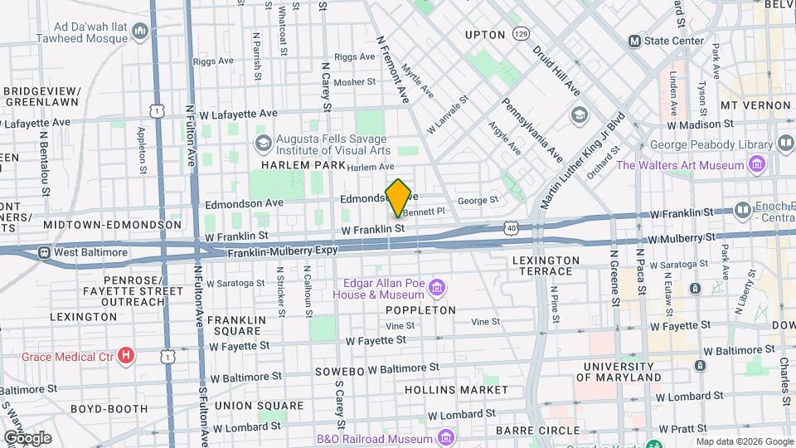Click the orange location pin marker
point(398,197)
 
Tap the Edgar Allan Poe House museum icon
point(438,289)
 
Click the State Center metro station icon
point(634,41)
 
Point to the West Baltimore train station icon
point(44,252)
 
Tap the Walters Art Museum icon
point(755,165)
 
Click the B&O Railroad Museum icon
point(446,437)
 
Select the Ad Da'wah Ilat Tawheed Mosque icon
point(139,32)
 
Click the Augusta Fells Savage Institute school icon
point(264,143)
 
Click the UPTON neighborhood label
point(485,35)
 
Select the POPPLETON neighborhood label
point(420,310)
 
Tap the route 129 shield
point(521,34)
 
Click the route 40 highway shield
point(511,226)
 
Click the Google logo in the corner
point(27,437)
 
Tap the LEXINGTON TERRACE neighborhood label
point(546,265)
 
